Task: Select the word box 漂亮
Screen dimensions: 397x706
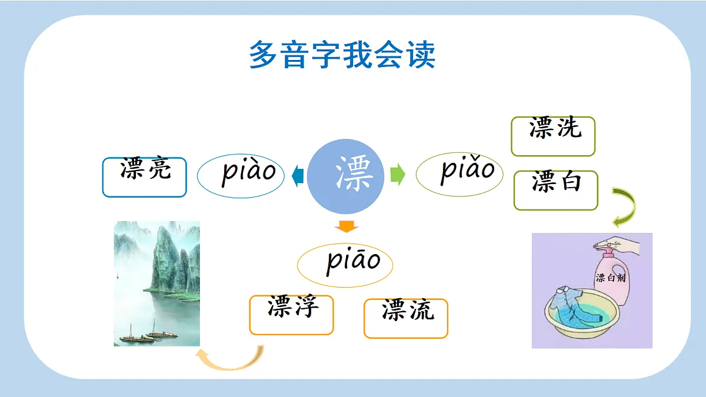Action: (145, 176)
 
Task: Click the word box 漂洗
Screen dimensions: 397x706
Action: (553, 136)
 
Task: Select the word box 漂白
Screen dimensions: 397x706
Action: (555, 190)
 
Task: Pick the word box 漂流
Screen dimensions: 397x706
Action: (406, 318)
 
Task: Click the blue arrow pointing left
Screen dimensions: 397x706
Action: (297, 175)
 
